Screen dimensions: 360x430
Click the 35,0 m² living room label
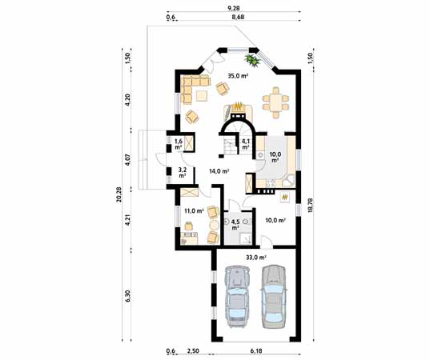[x=238, y=77]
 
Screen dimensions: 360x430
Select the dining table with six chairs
[x=275, y=102]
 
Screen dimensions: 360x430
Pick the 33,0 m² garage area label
[x=255, y=257]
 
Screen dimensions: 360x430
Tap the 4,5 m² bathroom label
[x=236, y=224]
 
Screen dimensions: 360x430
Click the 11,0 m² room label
[x=192, y=211]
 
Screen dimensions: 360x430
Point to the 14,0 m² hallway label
[x=219, y=171]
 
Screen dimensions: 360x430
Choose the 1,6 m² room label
[x=178, y=145]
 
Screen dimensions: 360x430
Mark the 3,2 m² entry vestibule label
[x=183, y=172]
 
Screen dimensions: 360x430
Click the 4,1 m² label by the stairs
[x=246, y=145]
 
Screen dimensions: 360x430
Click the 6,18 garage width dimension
[x=255, y=351]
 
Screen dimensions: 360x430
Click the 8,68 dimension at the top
[x=237, y=16]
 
